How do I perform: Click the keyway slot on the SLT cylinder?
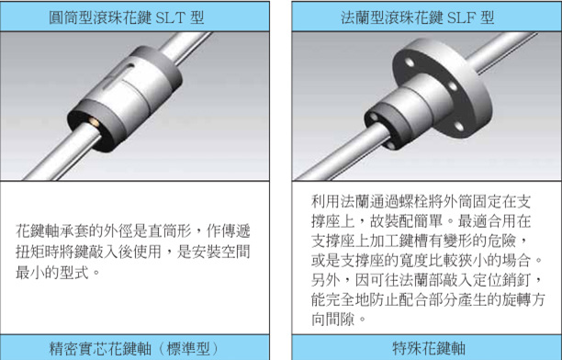click(118, 76)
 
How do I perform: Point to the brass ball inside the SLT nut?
click(95, 122)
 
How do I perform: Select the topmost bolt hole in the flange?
click(410, 62)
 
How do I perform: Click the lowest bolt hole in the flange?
click(459, 126)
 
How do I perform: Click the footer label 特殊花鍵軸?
click(429, 348)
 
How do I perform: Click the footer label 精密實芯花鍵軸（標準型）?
click(134, 349)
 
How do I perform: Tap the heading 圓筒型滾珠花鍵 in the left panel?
click(100, 17)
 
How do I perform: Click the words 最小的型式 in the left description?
click(52, 273)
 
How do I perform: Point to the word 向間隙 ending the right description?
click(333, 319)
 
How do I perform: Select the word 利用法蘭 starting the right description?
click(340, 201)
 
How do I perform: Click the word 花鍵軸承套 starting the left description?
click(52, 231)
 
